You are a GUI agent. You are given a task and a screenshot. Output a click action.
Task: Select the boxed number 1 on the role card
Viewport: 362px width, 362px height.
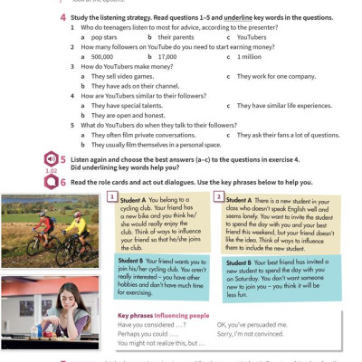[111, 196]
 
